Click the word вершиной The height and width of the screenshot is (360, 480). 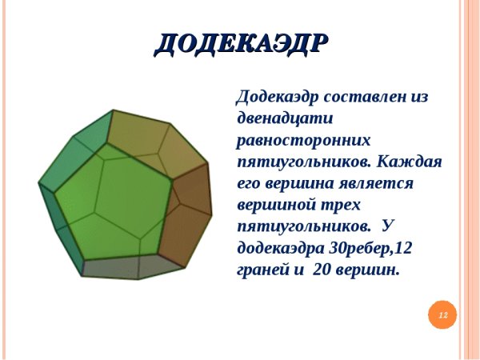(275, 205)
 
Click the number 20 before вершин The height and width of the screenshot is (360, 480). (322, 270)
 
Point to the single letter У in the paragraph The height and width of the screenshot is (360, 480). (389, 226)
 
